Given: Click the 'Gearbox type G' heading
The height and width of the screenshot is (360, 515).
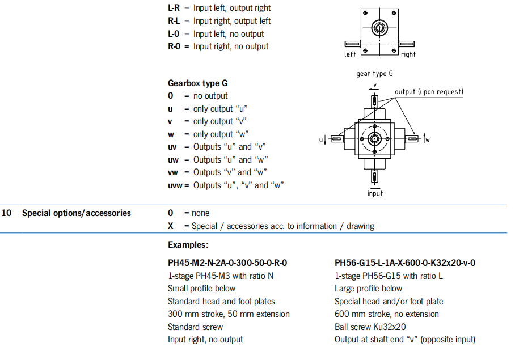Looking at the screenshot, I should pos(198,83).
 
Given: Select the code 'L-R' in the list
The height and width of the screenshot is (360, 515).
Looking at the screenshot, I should pos(175,8).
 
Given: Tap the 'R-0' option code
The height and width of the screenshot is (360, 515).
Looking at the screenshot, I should pos(175,46).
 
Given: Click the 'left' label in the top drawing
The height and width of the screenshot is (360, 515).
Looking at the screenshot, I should pos(350,54).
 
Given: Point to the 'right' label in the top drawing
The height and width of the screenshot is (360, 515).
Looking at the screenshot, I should pos(408,54).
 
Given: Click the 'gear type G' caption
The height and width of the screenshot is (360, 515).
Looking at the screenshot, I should pos(374,73).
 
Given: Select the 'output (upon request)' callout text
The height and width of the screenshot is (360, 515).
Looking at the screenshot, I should pos(429,92).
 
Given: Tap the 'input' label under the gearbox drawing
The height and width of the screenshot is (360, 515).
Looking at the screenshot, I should pos(375,193).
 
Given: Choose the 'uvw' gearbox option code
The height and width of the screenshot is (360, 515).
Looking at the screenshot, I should pos(175,185).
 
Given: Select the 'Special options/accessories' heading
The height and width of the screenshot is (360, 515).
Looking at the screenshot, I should pos(77,213).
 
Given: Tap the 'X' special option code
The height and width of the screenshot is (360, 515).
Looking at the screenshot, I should pos(171,226).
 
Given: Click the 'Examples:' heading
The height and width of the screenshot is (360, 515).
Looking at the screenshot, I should pos(188,245).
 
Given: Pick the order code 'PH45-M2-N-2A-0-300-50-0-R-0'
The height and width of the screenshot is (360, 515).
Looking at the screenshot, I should pos(227,262).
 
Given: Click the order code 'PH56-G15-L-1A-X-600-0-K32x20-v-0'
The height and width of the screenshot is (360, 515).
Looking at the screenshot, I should pos(405,262).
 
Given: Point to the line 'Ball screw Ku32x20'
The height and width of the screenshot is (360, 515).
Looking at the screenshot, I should pos(370,327).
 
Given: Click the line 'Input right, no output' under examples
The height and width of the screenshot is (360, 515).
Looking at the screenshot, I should pos(205,340).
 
